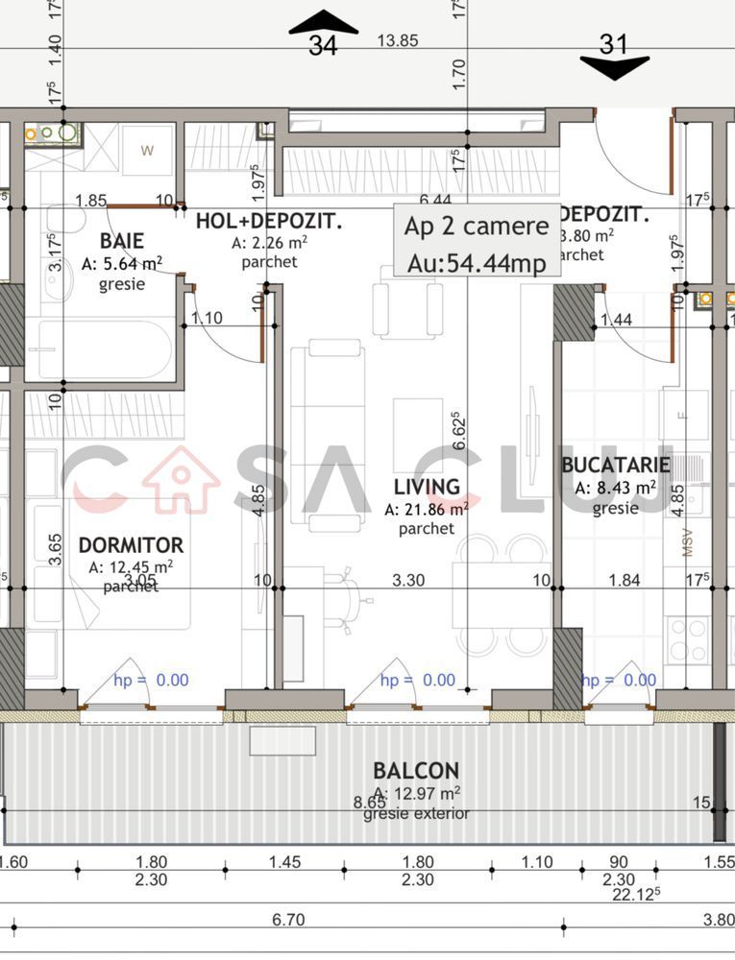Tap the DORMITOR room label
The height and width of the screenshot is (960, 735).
(x=131, y=545)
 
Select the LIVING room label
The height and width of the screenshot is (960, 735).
(x=427, y=487)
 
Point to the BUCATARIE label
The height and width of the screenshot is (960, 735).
(x=616, y=466)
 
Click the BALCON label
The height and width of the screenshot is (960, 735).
(x=416, y=770)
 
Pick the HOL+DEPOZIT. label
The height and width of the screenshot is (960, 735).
(x=269, y=222)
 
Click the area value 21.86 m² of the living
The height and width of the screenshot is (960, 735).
(x=427, y=510)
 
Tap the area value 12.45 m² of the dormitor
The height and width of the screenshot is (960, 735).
(x=131, y=567)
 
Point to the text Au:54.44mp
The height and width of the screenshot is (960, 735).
(x=477, y=262)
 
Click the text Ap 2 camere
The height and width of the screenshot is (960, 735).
(x=477, y=227)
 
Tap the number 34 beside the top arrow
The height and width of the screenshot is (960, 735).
(x=323, y=45)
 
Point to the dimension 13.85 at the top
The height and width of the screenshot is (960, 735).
(x=398, y=40)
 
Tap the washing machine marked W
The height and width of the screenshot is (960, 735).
(x=148, y=150)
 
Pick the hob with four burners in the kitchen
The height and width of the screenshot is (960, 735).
(x=688, y=640)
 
